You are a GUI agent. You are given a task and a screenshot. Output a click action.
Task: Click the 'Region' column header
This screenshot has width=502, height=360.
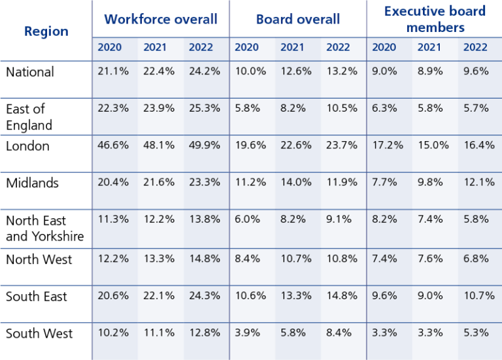pyautogui.click(x=46, y=31)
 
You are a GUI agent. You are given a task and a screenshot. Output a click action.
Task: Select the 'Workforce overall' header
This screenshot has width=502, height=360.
pyautogui.click(x=161, y=19)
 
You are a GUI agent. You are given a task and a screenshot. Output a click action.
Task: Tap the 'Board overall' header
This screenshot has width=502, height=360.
pyautogui.click(x=298, y=19)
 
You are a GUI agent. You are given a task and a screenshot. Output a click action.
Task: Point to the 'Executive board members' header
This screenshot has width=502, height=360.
pyautogui.click(x=435, y=19)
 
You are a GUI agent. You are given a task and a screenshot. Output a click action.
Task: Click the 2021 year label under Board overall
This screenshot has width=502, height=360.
pyautogui.click(x=292, y=47)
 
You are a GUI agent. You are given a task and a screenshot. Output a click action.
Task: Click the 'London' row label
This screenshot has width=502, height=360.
pyautogui.click(x=27, y=146)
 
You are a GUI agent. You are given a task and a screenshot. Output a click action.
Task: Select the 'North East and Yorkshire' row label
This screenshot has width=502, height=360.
pyautogui.click(x=45, y=228)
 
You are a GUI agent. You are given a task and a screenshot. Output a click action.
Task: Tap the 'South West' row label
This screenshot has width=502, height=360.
pyautogui.click(x=39, y=334)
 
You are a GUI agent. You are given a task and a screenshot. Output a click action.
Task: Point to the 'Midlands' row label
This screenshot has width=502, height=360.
pyautogui.click(x=32, y=183)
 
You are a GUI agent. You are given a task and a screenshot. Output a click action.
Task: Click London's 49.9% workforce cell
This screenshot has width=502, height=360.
pyautogui.click(x=205, y=146)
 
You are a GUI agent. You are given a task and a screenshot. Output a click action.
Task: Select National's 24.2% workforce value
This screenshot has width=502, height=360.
pyautogui.click(x=205, y=72)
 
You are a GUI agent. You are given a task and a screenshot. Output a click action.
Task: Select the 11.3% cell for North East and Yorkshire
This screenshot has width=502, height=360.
pyautogui.click(x=113, y=220)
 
